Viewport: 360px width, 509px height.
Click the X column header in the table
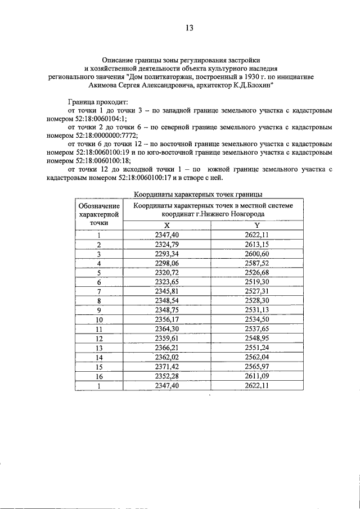point(166,226)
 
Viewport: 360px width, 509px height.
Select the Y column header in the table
point(256,226)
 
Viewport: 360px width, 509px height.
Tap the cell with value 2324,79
point(166,245)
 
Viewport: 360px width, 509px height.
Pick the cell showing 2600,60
point(256,254)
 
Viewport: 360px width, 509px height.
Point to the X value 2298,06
point(166,263)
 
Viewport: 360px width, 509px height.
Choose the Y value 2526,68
point(256,273)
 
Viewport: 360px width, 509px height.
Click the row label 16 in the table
point(99,376)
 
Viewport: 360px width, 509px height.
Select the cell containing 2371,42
point(166,367)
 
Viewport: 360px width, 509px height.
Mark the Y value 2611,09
point(256,376)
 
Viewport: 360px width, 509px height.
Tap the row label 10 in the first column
point(99,319)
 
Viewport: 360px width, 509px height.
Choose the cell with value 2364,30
point(166,329)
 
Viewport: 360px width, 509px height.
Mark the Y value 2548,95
point(256,339)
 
